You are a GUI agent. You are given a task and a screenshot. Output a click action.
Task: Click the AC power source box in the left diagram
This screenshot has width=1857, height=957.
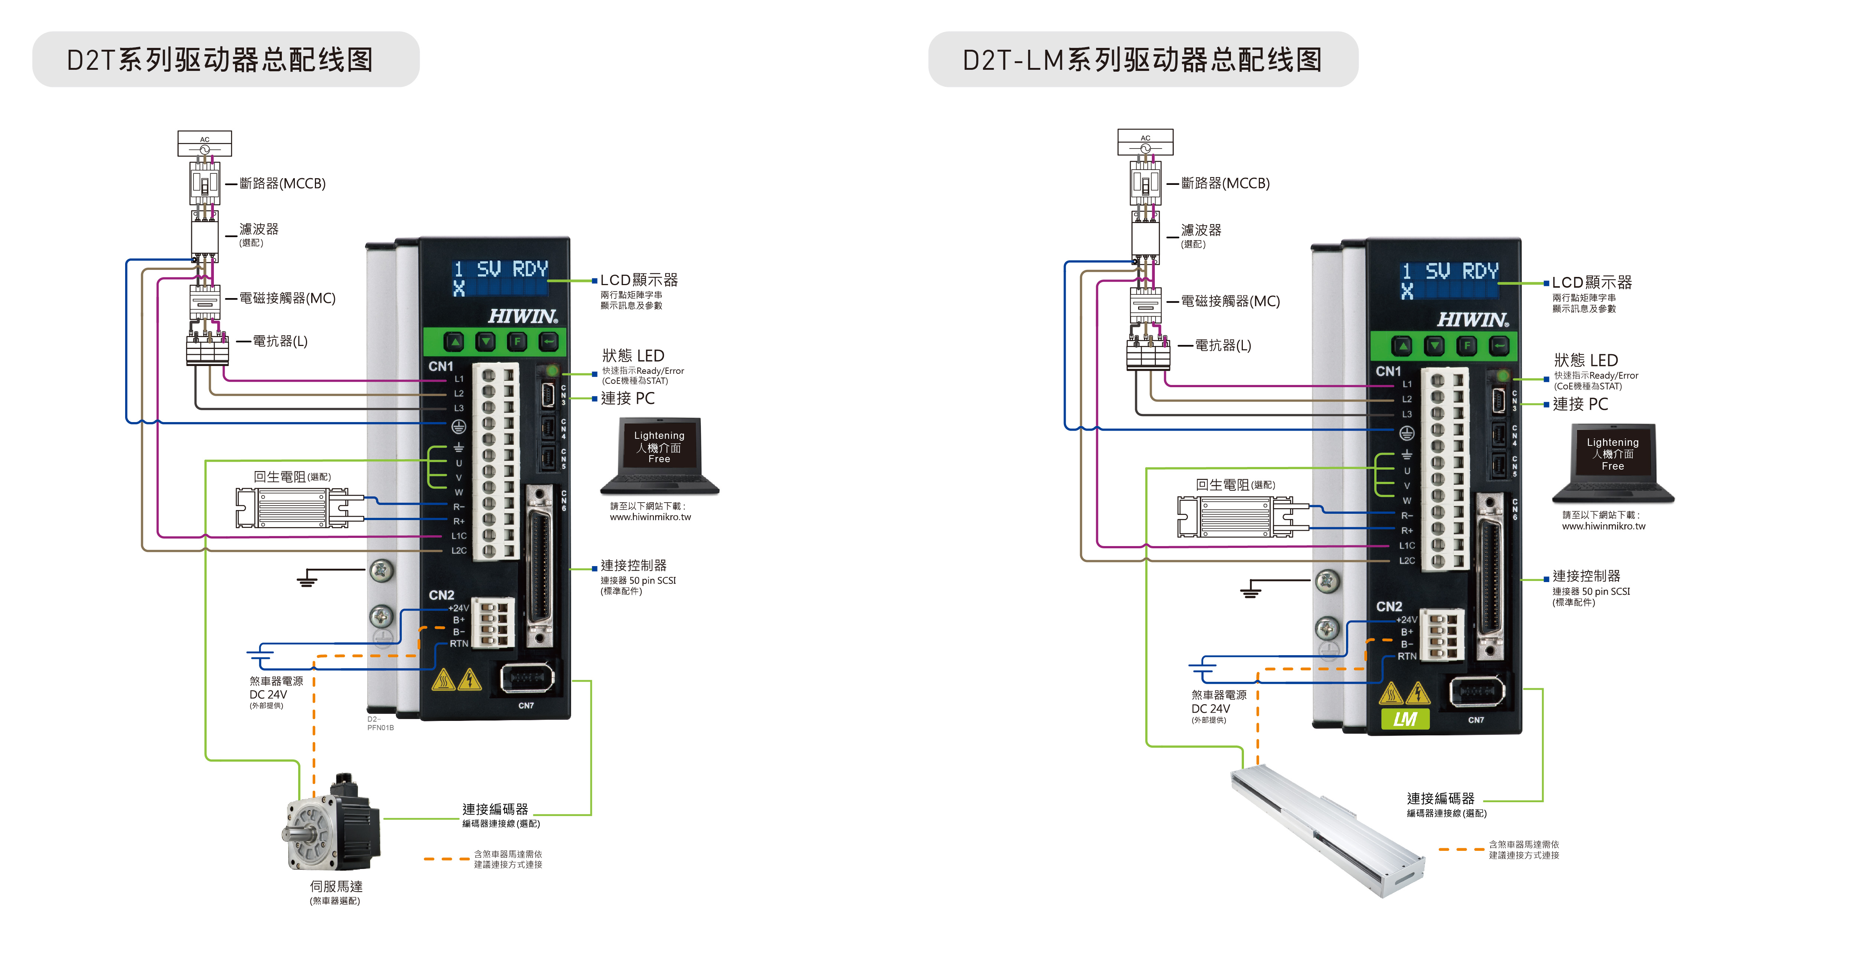point(205,143)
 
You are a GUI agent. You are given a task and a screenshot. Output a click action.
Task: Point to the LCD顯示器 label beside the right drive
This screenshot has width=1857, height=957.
point(1592,282)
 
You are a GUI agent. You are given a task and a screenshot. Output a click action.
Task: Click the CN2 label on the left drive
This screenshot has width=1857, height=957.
point(441,595)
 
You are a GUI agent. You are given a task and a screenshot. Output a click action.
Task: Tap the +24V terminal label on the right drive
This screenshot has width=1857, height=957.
point(1407,620)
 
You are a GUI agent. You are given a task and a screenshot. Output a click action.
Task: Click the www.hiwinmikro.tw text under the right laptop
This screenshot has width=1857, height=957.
point(1604,526)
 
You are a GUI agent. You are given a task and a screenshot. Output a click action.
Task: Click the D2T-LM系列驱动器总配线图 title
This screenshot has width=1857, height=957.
point(1143,60)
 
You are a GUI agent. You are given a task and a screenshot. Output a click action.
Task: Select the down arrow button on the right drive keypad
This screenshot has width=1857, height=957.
point(1434,347)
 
